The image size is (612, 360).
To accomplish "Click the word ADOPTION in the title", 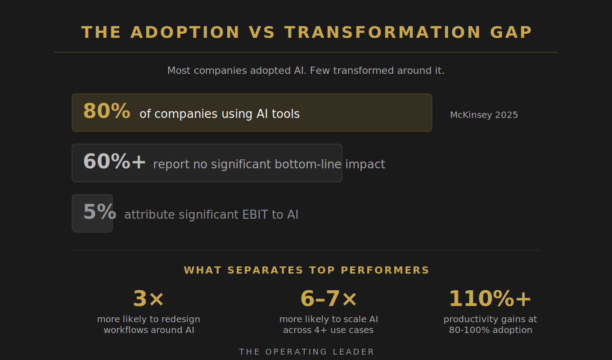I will (x=185, y=32).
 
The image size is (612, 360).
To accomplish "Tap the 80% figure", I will (x=107, y=111).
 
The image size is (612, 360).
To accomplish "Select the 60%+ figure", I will (x=115, y=162).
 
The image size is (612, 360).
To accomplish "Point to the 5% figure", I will (x=99, y=212).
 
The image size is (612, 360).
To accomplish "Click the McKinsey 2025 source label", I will (x=484, y=115).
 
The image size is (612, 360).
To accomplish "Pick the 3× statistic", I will (x=148, y=299).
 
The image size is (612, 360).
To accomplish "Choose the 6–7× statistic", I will (x=328, y=299).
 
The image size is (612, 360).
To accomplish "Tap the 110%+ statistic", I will (x=490, y=299).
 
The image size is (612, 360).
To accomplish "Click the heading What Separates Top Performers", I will (x=306, y=270).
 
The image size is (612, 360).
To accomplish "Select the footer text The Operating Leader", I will (x=306, y=352).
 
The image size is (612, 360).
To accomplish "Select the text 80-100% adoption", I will (x=490, y=330).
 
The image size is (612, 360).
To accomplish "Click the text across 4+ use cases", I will (x=328, y=330).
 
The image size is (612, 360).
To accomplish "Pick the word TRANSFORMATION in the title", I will (x=383, y=32).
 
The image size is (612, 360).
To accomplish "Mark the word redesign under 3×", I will (x=181, y=319).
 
